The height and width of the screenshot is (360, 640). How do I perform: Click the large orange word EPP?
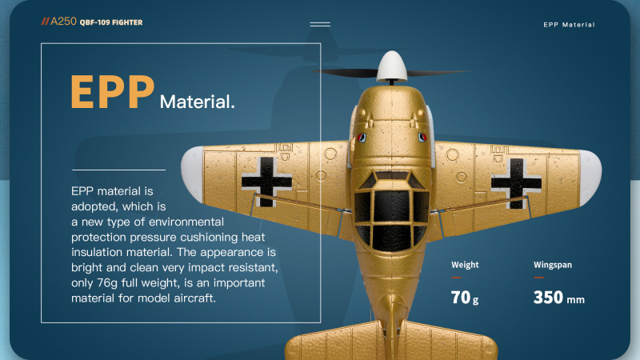click(x=113, y=92)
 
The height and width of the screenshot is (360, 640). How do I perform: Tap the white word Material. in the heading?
click(x=197, y=102)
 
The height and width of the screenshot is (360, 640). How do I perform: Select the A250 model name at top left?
click(x=63, y=22)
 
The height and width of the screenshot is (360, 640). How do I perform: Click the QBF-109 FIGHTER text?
click(x=111, y=22)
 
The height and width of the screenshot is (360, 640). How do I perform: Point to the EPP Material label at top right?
click(x=569, y=25)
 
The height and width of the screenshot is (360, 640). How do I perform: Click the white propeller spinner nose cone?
click(x=391, y=66)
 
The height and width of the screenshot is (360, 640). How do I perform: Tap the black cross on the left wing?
click(x=266, y=182)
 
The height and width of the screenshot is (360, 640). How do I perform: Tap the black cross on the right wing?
click(x=516, y=183)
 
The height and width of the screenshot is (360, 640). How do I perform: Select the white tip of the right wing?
click(x=590, y=178)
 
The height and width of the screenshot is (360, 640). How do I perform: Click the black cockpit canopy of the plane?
click(x=391, y=211)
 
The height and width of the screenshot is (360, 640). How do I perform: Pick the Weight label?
click(x=465, y=265)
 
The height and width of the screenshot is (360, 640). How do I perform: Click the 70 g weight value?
click(x=465, y=298)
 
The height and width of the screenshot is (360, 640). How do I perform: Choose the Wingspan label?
click(x=553, y=265)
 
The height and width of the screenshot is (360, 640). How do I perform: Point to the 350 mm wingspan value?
click(x=558, y=298)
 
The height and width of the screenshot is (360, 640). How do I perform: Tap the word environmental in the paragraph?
click(x=186, y=222)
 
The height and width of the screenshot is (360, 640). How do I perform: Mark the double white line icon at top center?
click(x=320, y=25)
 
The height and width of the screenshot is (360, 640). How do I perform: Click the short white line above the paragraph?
click(x=118, y=170)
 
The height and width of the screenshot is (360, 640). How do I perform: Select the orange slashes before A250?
click(x=45, y=22)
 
